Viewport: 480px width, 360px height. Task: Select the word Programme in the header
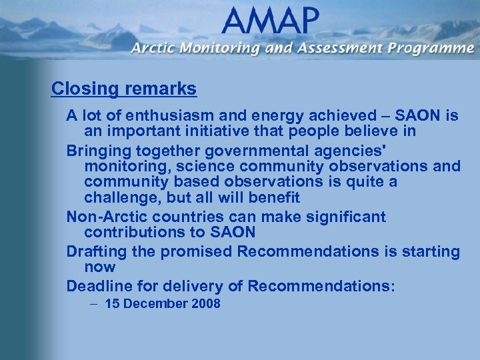(433, 48)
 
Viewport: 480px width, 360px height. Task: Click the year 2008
(205, 304)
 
